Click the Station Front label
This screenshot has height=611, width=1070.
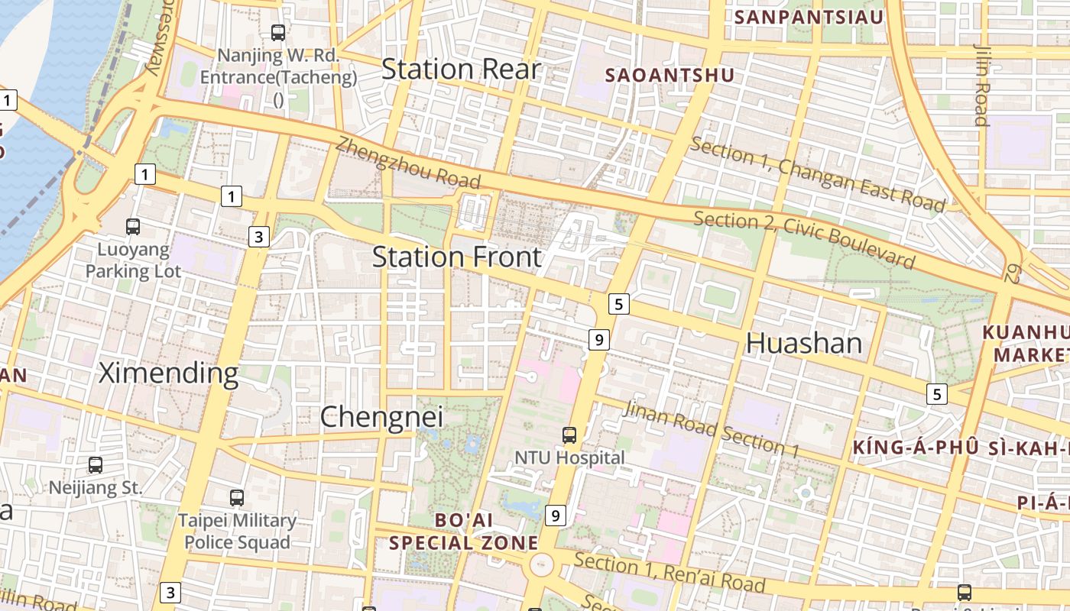(x=457, y=257)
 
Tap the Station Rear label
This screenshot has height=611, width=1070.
(x=461, y=70)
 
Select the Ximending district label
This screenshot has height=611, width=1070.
(x=169, y=373)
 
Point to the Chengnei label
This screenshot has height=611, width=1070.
(x=381, y=417)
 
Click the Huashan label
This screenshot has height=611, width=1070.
(x=803, y=343)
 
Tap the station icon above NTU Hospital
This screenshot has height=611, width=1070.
(x=569, y=435)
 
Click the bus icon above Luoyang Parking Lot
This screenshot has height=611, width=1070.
(x=133, y=227)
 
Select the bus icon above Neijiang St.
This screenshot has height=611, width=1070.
(x=96, y=465)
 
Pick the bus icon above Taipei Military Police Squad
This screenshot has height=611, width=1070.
(x=237, y=498)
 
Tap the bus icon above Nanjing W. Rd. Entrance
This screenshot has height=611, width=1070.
(x=278, y=33)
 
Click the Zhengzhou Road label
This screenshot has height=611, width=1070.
(x=408, y=163)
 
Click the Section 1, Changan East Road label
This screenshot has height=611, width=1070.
(x=818, y=175)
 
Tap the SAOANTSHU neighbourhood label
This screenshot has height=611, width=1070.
(x=670, y=76)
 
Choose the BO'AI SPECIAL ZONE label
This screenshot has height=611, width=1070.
(x=463, y=532)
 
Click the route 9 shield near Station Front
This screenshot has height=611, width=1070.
(x=598, y=339)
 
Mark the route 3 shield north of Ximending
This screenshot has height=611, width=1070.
(x=259, y=238)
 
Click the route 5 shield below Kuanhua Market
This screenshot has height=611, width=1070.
(x=937, y=394)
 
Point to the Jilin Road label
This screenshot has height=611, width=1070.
(x=981, y=84)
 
